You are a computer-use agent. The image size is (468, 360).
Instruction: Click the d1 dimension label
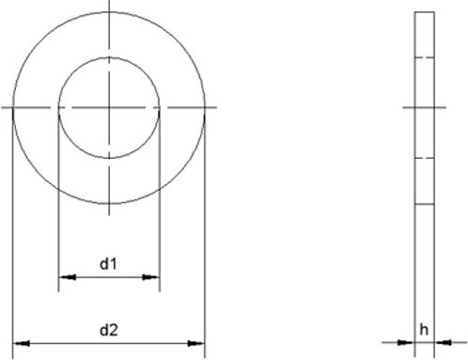[x=108, y=264]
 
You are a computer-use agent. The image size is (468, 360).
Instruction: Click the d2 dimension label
[x=109, y=330]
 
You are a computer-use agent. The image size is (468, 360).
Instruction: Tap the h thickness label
[x=424, y=330]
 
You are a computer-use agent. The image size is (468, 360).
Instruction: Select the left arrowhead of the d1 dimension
[x=68, y=277]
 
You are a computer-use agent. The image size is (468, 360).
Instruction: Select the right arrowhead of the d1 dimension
[x=151, y=277]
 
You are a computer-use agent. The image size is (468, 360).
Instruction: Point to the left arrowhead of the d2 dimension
[x=22, y=343]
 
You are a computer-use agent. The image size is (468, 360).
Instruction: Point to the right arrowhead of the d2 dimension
[x=196, y=343]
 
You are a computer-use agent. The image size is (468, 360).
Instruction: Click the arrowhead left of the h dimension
[x=406, y=342]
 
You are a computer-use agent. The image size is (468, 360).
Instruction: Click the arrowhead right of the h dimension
[x=443, y=342]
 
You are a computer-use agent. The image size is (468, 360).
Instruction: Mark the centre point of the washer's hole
[x=109, y=108]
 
